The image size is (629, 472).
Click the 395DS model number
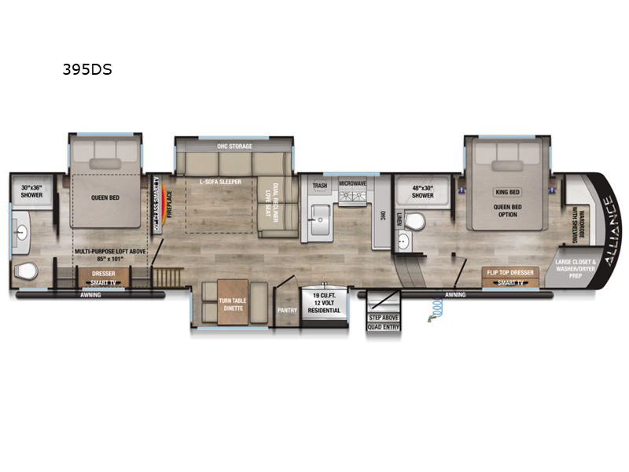87,69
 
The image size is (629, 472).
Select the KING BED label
507,191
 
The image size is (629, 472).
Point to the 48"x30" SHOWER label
423,192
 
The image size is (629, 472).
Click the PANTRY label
286,310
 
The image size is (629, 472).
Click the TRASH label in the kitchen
320,186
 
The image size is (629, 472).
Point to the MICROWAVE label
353,183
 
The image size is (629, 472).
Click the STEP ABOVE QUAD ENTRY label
384,322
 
